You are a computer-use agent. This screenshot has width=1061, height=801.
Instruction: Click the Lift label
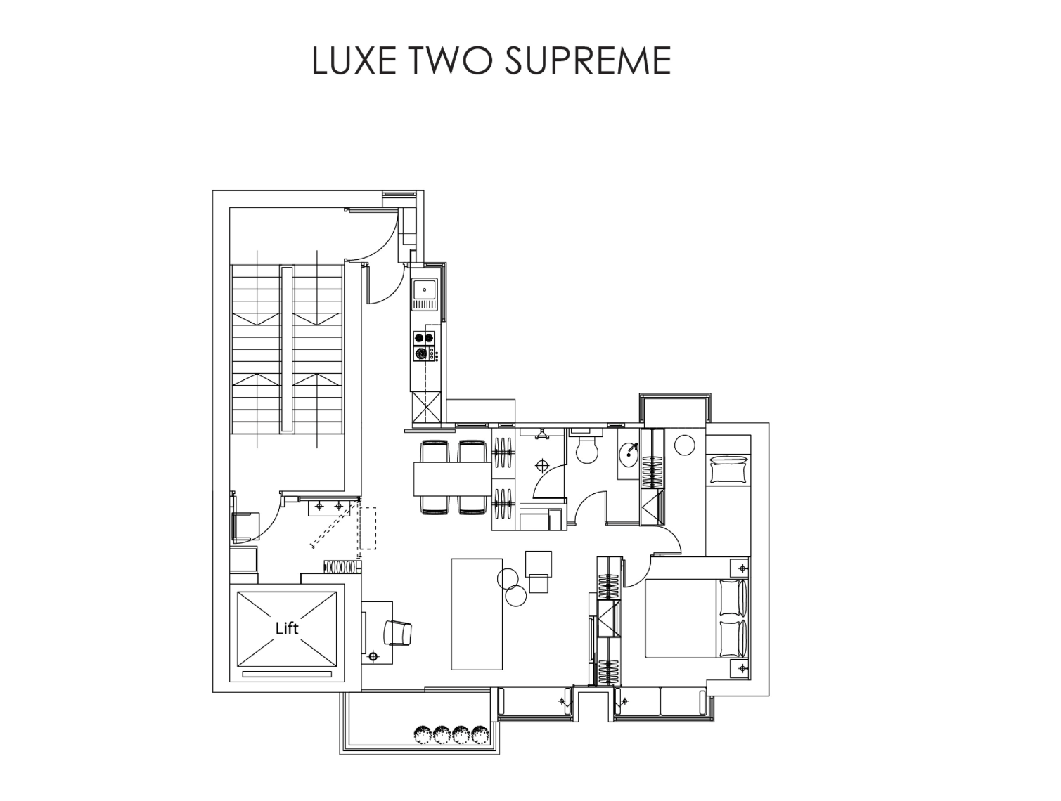(x=287, y=628)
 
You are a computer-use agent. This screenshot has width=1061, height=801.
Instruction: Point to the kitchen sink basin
(x=425, y=289)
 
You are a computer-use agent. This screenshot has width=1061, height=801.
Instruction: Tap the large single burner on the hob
(x=422, y=354)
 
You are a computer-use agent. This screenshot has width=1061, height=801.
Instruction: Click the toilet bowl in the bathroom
(x=586, y=450)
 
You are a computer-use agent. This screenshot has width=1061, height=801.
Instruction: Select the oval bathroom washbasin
(x=629, y=455)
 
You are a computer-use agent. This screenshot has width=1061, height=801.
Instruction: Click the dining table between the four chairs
(x=452, y=479)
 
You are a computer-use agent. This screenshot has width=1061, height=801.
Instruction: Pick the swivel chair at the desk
(x=398, y=632)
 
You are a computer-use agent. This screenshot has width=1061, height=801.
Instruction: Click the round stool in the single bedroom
(x=684, y=445)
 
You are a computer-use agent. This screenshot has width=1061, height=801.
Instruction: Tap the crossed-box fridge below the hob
(x=425, y=407)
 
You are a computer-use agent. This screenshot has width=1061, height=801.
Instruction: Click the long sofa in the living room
(x=477, y=614)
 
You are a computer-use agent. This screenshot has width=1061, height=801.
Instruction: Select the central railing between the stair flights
(x=286, y=349)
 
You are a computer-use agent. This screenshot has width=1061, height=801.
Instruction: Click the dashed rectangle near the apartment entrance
(x=367, y=528)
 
